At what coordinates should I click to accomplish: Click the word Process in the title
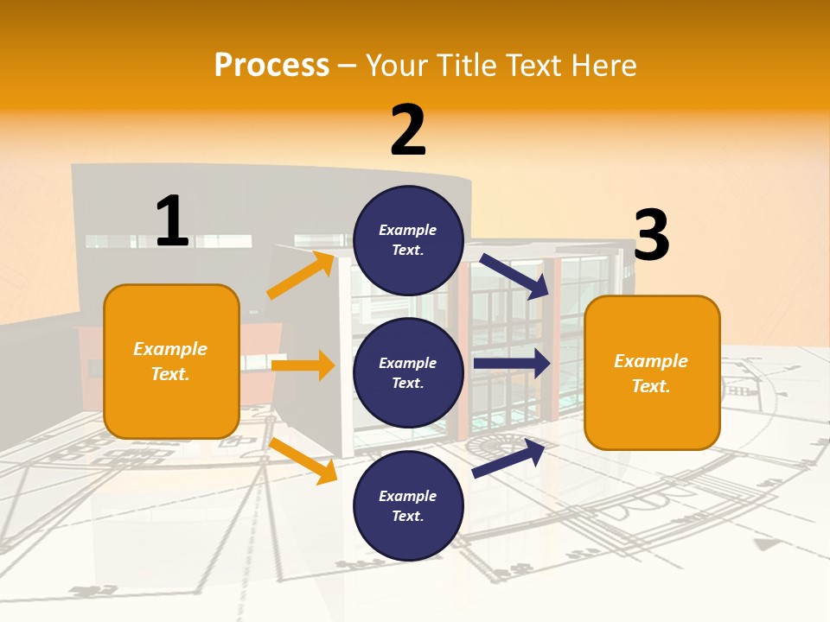coord(271,66)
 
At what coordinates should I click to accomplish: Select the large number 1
coord(172,221)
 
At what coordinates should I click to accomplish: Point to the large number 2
coord(408,130)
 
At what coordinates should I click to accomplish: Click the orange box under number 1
coord(171,361)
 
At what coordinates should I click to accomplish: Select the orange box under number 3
coord(652,372)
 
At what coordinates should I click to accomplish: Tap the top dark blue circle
coord(408,240)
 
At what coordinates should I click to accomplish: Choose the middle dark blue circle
coord(408,372)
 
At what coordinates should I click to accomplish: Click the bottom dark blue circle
coord(408,505)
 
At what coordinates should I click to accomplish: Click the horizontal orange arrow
coord(303,365)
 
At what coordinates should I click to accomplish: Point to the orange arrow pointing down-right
coord(303,460)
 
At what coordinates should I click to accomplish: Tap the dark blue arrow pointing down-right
coord(514,276)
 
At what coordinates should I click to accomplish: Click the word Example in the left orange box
coord(170,349)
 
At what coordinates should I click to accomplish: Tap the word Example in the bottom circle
coord(408,496)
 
